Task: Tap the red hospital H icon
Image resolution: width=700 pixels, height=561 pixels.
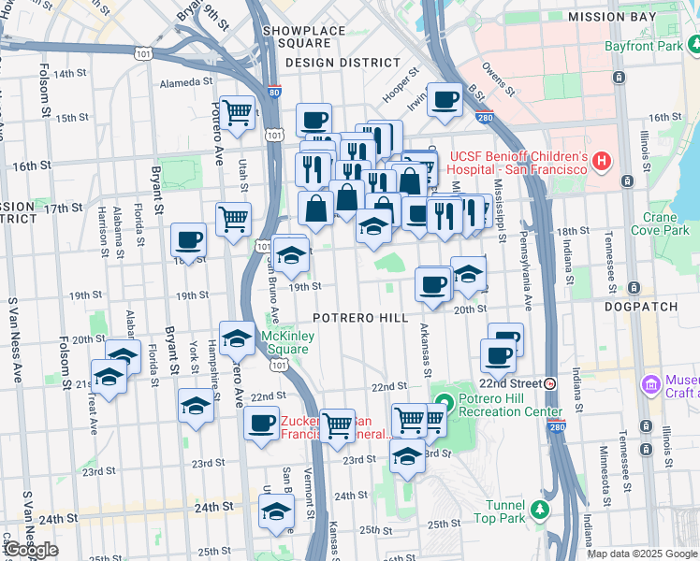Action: coord(602,161)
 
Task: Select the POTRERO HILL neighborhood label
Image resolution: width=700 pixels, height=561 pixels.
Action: coord(360,318)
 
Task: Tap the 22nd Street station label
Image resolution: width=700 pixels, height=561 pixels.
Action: coord(511,383)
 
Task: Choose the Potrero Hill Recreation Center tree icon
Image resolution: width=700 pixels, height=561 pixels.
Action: coord(445,403)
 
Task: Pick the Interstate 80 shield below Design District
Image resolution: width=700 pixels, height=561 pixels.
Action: coord(272,92)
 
